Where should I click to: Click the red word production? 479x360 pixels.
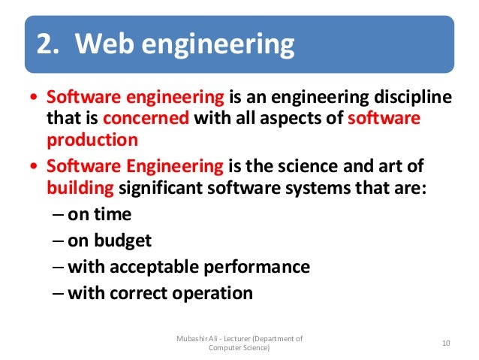[x=92, y=140]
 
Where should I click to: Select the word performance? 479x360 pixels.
[x=263, y=267]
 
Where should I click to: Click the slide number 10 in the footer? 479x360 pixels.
[x=446, y=343]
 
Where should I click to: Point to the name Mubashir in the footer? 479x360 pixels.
[x=188, y=338]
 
